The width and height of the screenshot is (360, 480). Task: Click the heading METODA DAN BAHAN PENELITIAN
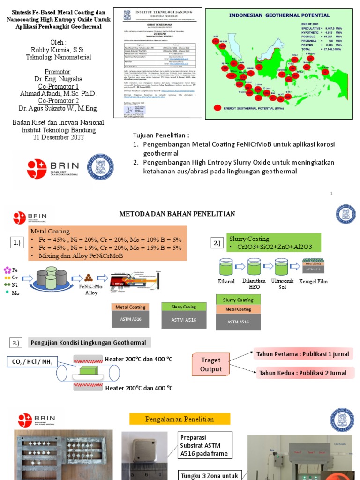pyautogui.click(x=177, y=214)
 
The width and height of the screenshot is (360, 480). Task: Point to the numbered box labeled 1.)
pyautogui.click(x=16, y=243)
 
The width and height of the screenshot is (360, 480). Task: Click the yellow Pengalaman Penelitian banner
pyautogui.click(x=180, y=419)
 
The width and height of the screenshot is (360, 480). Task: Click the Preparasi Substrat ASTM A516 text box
pyautogui.click(x=205, y=445)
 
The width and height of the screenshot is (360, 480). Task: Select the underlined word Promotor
pyautogui.click(x=57, y=72)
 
